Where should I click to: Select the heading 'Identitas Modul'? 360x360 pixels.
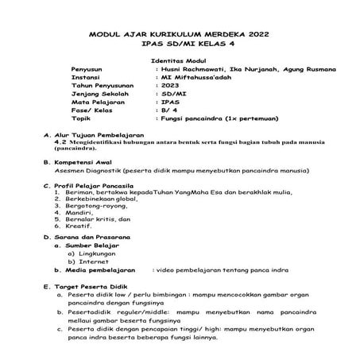(179, 61)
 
